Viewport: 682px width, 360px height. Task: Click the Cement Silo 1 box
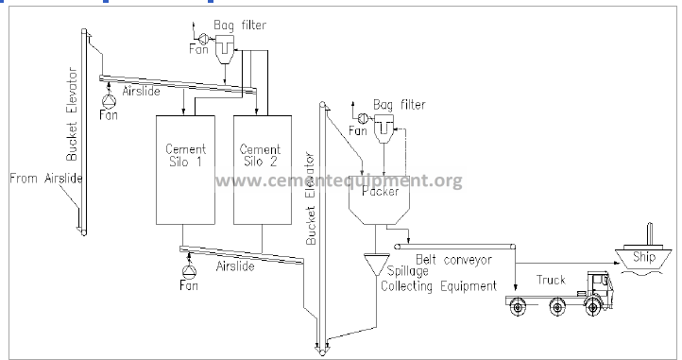(192, 170)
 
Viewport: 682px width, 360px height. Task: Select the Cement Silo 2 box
(260, 170)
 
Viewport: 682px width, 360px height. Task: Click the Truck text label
(551, 280)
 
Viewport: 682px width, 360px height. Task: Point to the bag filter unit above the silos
(225, 47)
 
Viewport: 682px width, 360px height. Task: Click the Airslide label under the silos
(235, 266)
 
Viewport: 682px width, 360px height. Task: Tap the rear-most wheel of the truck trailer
(519, 307)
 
